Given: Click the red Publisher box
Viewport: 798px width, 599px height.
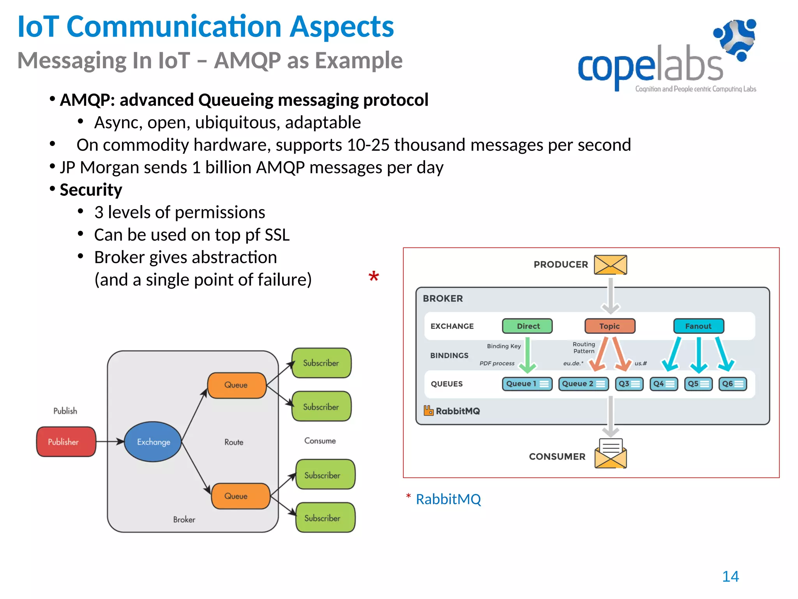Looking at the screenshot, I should [x=66, y=441].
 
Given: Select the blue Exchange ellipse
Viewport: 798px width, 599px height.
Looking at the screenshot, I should [x=153, y=441].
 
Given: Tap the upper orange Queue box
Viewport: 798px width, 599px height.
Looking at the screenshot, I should [x=237, y=385].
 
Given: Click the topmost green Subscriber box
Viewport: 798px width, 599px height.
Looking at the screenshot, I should [x=321, y=363].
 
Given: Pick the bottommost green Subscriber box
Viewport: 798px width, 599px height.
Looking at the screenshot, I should [x=325, y=518].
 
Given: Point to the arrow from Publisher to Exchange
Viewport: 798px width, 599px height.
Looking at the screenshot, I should [x=110, y=441].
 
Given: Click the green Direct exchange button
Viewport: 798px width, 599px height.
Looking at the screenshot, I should [x=527, y=326].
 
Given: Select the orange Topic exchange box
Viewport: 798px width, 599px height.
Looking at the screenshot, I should [x=610, y=326].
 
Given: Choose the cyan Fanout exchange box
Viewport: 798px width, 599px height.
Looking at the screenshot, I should [x=699, y=326].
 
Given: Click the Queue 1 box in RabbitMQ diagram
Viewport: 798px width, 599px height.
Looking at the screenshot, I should [x=527, y=384].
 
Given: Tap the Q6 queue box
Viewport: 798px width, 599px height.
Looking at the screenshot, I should [x=733, y=384].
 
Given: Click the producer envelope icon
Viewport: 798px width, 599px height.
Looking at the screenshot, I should [x=610, y=265].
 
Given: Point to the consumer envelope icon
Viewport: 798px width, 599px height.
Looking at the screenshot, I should [x=610, y=454].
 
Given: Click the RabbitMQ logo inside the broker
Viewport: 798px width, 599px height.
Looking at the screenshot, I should [x=452, y=411].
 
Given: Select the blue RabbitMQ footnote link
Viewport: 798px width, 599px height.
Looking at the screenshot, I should [x=448, y=499].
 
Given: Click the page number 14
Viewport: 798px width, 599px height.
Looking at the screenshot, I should [x=730, y=576].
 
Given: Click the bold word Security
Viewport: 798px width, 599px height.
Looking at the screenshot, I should [x=91, y=190].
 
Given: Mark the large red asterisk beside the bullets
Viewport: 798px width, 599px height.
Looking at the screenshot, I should [x=374, y=277].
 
